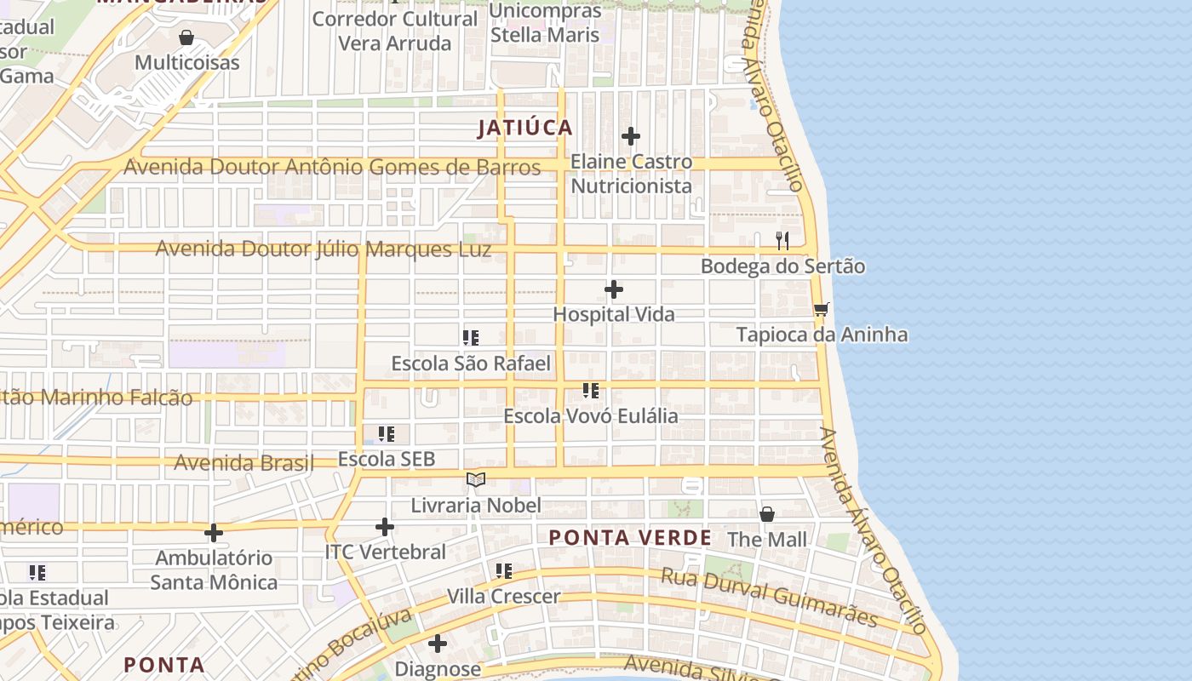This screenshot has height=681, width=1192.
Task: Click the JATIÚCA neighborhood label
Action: pos(524,129)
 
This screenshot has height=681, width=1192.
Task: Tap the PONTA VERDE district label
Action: pos(630,538)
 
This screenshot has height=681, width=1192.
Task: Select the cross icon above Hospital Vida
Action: pos(613,290)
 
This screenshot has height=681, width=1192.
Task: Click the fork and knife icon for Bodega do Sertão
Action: pos(782,241)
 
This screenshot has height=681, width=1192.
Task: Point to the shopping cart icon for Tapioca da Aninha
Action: pos(821,309)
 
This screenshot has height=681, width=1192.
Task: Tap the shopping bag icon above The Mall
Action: pos(767,514)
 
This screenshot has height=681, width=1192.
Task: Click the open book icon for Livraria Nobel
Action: pos(476,480)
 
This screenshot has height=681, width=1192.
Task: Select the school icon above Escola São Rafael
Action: pos(471,338)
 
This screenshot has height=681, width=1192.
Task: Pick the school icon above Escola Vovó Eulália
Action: pos(590,391)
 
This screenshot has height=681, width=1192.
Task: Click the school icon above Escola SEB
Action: pos(386,434)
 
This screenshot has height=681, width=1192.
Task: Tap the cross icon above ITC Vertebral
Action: pos(385,527)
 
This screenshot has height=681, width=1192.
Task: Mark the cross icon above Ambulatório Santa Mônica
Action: pos(214,533)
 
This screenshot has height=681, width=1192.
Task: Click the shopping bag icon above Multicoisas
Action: pos(186,37)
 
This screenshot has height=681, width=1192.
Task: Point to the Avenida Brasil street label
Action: pos(244,463)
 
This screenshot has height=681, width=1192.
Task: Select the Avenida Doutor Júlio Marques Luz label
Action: pos(324,249)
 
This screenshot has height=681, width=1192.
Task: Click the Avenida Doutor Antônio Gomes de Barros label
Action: pos(332,168)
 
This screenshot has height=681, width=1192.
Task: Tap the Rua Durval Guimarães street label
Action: pos(769,597)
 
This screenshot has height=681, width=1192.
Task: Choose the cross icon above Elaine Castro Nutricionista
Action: pos(631,136)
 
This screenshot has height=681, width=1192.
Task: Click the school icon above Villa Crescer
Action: pos(504,570)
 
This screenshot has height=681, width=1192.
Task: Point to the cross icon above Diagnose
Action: pos(438,644)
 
